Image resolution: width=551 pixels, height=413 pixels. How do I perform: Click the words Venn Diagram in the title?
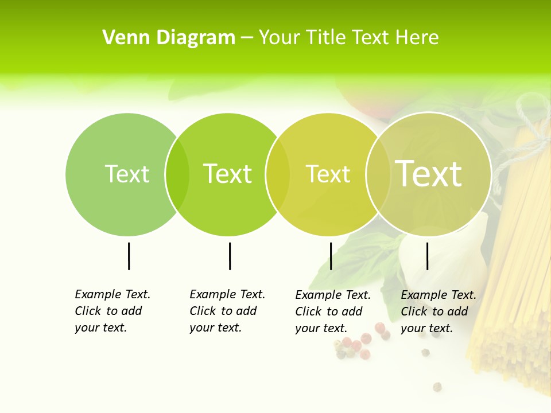click(169, 38)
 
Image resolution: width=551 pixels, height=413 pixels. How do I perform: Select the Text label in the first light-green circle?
click(127, 174)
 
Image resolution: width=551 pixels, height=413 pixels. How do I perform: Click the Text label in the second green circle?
click(227, 174)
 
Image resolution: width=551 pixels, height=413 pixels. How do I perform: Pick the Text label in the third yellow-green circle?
click(328, 174)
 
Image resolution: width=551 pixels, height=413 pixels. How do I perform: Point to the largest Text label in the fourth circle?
click(428, 174)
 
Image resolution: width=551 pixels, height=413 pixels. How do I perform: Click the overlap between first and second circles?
click(177, 174)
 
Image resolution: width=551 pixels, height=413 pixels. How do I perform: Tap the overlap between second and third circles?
click(278, 174)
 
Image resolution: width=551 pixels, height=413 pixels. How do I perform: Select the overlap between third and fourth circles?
click(378, 174)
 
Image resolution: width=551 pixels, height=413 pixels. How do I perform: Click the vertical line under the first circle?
click(129, 256)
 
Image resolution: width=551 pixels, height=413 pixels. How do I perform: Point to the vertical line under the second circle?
click(230, 256)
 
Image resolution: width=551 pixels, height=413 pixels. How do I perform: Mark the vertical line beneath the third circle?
click(331, 256)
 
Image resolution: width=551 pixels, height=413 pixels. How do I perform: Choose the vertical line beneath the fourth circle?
click(427, 256)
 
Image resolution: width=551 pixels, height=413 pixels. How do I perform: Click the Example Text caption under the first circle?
click(112, 311)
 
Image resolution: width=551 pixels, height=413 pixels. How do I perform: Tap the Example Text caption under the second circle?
click(227, 311)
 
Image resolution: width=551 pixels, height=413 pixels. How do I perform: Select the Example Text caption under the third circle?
click(332, 311)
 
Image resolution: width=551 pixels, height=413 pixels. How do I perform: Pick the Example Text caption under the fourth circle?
click(438, 311)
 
